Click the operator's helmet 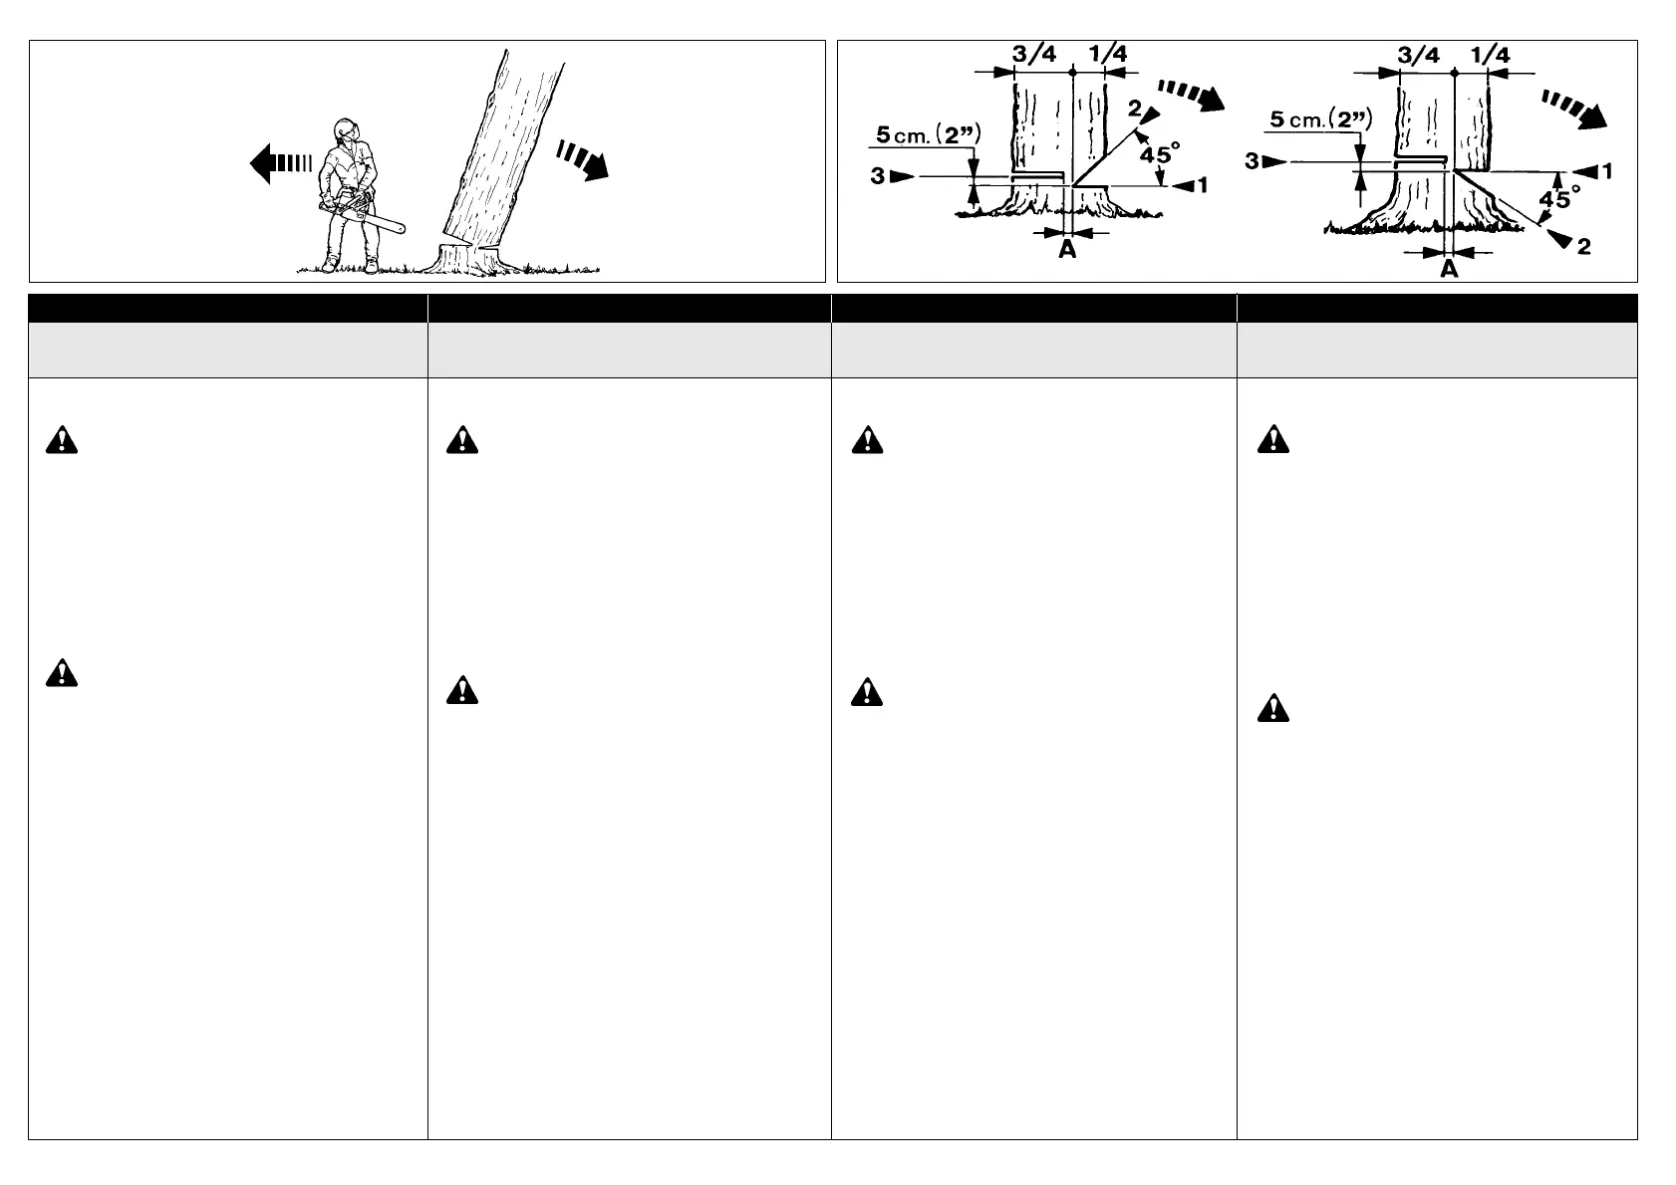click(x=345, y=129)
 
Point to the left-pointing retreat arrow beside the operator click(x=280, y=162)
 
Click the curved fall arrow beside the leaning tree click(x=584, y=159)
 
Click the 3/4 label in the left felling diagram click(x=1033, y=55)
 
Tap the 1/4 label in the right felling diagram click(x=1490, y=55)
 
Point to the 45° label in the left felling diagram click(x=1160, y=154)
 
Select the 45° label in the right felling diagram click(x=1559, y=199)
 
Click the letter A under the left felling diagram click(x=1067, y=250)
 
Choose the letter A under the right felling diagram click(x=1450, y=268)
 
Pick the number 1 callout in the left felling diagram click(x=1202, y=185)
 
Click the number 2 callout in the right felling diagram click(x=1583, y=246)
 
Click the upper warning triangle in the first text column click(x=61, y=441)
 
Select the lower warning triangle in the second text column click(x=461, y=689)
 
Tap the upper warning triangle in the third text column click(x=867, y=441)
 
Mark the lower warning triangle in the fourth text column click(x=1272, y=708)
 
